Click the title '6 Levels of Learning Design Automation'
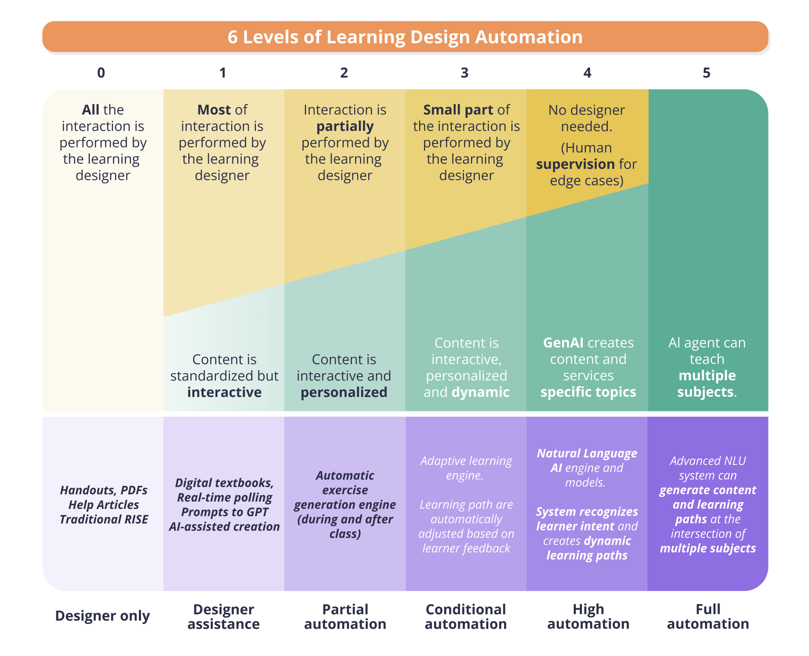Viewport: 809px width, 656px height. pos(405,37)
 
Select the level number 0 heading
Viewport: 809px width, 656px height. pos(101,73)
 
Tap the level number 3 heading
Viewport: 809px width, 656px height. pos(464,73)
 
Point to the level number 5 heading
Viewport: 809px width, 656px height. pos(707,73)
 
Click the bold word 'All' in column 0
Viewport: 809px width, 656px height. pos(90,110)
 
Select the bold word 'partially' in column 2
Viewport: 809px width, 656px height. pos(345,127)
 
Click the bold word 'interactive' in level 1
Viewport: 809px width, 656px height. pos(224,392)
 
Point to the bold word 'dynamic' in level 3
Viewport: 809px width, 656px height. pos(481,392)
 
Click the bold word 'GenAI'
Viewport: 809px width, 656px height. pos(563,343)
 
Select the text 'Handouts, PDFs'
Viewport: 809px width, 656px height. pos(104,490)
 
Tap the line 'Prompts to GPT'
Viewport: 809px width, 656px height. pos(224,512)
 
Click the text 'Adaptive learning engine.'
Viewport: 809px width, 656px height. pos(466,468)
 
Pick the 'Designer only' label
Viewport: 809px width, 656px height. pos(102,616)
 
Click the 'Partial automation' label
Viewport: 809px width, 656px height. pos(345,617)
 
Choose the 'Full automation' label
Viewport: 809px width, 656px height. pos(708,617)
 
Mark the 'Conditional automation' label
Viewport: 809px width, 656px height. pos(466,617)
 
